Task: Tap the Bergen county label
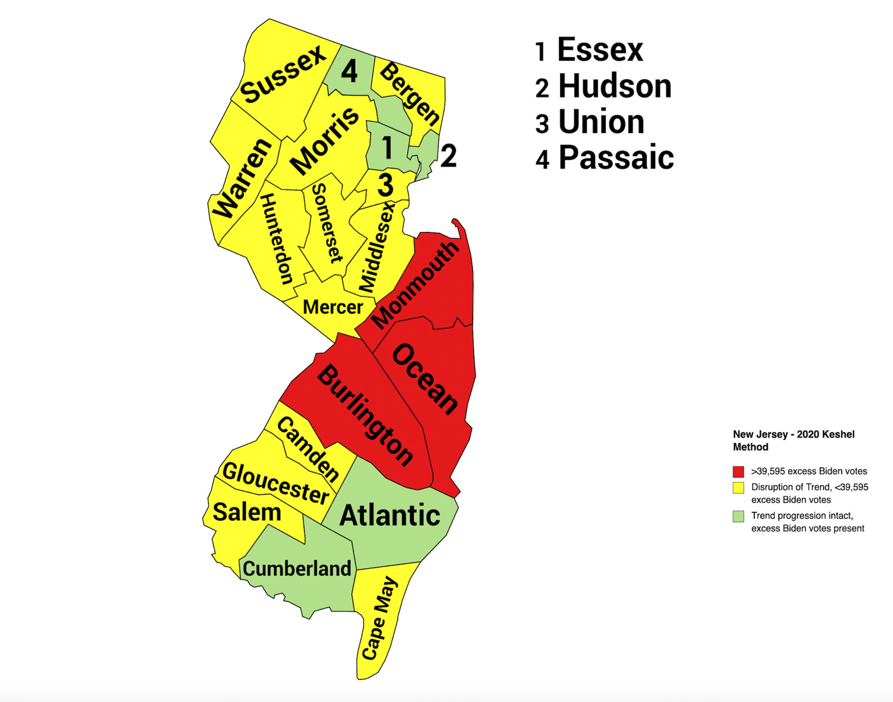tap(410, 93)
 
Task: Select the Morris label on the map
tap(325, 141)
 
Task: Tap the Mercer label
tap(332, 307)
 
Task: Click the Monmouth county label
tap(415, 285)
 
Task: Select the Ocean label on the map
tap(425, 379)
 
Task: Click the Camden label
tap(308, 449)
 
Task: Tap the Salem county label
tap(247, 512)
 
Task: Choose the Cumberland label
tap(297, 568)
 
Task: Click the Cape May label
tap(379, 618)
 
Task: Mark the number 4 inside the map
tap(349, 71)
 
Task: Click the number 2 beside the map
tap(448, 156)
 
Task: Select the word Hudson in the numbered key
tap(614, 86)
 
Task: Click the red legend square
tap(738, 471)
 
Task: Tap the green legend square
tap(738, 516)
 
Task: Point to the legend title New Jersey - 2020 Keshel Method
tap(793, 440)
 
